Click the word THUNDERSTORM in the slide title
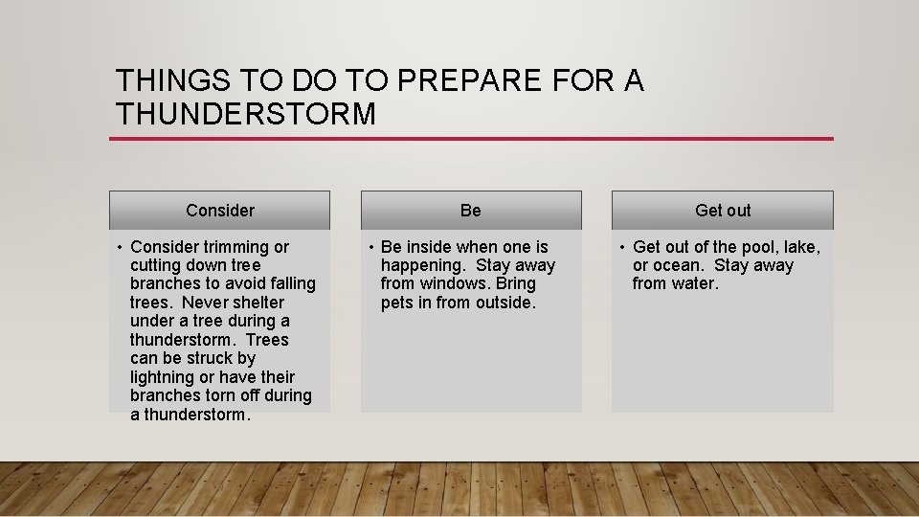[246, 115]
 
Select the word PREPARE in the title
[460, 81]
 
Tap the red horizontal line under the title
[471, 139]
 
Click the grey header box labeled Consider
[219, 211]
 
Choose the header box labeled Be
[470, 211]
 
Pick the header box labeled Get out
[722, 211]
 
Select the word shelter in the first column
[252, 303]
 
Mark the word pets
[397, 303]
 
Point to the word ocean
[676, 265]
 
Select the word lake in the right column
[800, 247]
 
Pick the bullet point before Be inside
[370, 248]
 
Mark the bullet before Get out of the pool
[621, 248]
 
